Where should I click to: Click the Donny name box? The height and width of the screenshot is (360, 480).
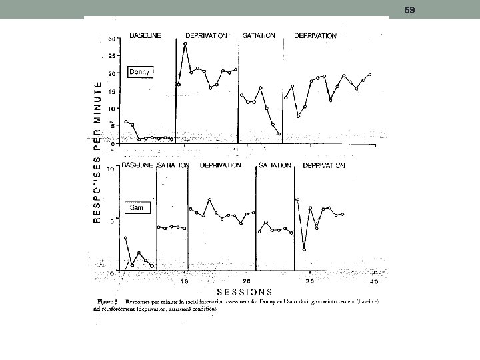(x=141, y=72)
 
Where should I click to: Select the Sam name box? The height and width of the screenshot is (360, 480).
(x=137, y=208)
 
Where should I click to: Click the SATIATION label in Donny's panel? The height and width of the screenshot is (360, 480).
(x=259, y=36)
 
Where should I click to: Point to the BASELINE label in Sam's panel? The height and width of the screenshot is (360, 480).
(x=137, y=165)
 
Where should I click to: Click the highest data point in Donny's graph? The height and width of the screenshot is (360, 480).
(x=185, y=44)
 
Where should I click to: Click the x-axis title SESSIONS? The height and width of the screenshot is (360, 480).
(x=244, y=291)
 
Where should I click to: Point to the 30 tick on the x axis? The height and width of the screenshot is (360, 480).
(x=310, y=282)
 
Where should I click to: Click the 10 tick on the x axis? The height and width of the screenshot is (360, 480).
(x=185, y=282)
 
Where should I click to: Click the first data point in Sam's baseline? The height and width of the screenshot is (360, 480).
(x=125, y=238)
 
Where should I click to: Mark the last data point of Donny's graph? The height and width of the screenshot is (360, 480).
(x=370, y=75)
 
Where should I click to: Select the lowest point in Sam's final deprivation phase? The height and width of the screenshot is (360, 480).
(x=304, y=249)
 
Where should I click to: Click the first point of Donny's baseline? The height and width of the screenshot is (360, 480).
(x=126, y=121)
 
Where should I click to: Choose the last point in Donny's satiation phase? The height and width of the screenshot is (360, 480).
(x=279, y=134)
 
